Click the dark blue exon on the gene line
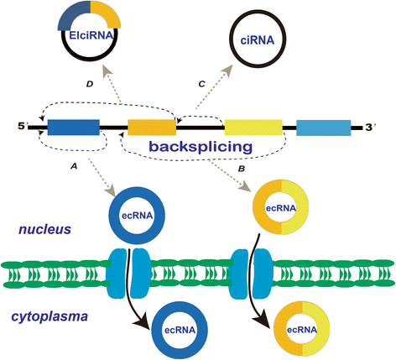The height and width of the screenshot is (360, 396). point(72,128)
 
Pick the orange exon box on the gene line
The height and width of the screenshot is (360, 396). point(151,128)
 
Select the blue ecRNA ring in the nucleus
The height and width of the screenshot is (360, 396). point(132,213)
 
